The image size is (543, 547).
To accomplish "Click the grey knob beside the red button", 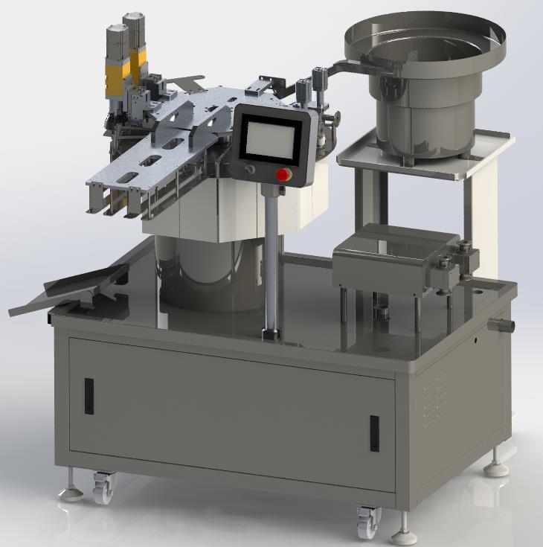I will (249, 170).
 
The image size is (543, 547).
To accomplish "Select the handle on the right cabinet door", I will (373, 434).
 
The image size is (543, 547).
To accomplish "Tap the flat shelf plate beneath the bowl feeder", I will (424, 154).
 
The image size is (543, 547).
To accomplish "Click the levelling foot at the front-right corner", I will (406, 534).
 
